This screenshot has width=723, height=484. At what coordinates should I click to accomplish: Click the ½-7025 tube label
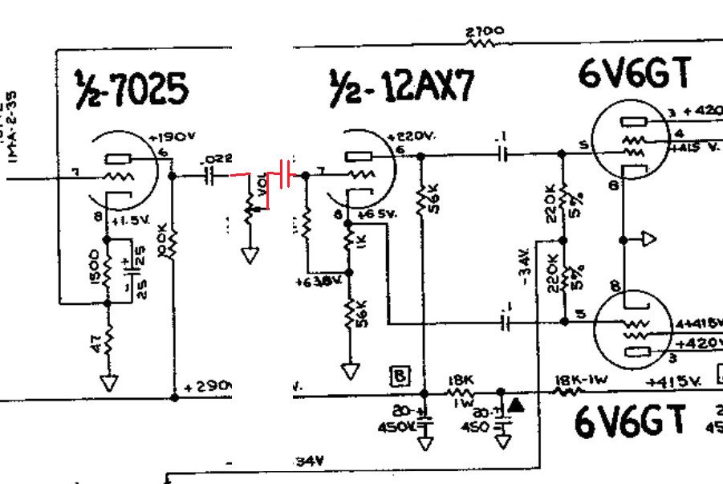click(133, 89)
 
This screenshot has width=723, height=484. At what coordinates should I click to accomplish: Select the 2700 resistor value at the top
click(485, 33)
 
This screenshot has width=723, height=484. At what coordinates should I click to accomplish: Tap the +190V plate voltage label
click(171, 137)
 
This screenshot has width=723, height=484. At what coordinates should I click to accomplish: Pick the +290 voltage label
click(208, 386)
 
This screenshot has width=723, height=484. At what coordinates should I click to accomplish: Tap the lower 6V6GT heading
click(631, 421)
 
